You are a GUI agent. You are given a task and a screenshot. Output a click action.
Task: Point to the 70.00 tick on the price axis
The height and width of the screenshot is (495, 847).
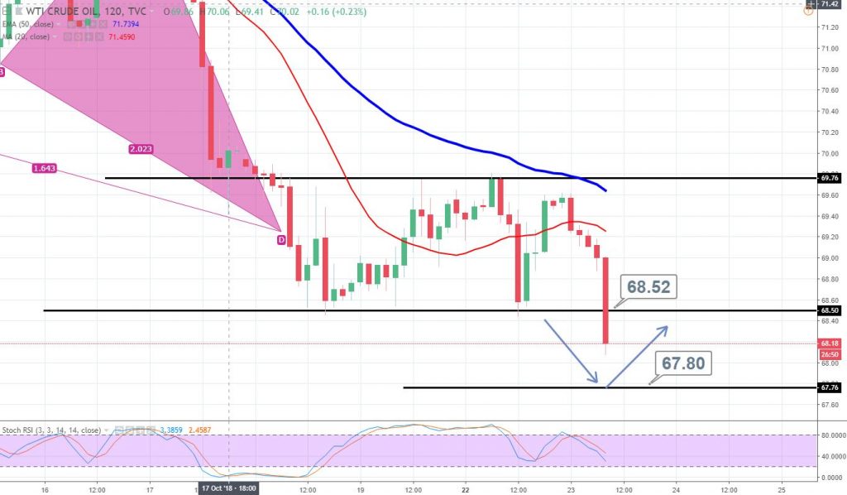(x=827, y=153)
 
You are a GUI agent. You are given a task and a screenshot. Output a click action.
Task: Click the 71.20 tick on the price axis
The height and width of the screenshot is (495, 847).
(x=827, y=27)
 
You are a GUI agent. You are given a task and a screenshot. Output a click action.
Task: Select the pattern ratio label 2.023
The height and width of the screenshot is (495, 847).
(x=140, y=149)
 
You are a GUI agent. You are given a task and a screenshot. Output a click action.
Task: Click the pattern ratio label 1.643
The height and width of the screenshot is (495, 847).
(x=45, y=168)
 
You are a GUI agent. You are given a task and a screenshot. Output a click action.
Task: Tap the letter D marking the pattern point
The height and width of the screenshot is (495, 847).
(x=280, y=239)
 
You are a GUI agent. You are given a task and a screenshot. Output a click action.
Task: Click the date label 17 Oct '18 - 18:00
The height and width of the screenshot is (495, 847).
(x=227, y=488)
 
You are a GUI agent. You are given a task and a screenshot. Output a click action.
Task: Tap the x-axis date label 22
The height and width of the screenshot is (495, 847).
(x=466, y=488)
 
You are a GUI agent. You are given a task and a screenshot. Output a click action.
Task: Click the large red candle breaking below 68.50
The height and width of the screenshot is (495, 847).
(x=606, y=300)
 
